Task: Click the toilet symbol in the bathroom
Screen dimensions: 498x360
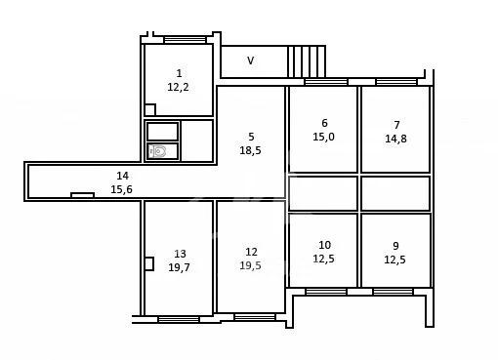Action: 157,151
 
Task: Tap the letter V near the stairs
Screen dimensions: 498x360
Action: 250,60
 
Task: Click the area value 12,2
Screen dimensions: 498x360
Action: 178,87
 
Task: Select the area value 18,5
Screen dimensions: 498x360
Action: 250,150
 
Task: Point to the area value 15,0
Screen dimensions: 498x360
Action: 323,137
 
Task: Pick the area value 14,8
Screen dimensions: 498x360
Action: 395,139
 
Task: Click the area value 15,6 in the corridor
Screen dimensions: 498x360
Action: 121,189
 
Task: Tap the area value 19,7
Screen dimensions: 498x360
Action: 179,267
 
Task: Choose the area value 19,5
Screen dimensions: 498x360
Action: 250,265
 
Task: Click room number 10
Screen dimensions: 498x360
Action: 325,245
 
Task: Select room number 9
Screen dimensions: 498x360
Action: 395,246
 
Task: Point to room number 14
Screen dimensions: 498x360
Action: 123,176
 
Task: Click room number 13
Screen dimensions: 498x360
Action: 180,254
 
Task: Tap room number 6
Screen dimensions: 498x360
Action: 324,123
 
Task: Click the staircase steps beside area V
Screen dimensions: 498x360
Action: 307,61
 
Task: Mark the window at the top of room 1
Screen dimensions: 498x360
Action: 185,40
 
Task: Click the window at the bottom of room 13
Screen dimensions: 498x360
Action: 179,319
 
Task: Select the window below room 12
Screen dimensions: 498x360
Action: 255,317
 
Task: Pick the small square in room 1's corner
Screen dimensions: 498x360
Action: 149,110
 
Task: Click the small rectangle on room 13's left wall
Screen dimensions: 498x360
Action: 149,263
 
